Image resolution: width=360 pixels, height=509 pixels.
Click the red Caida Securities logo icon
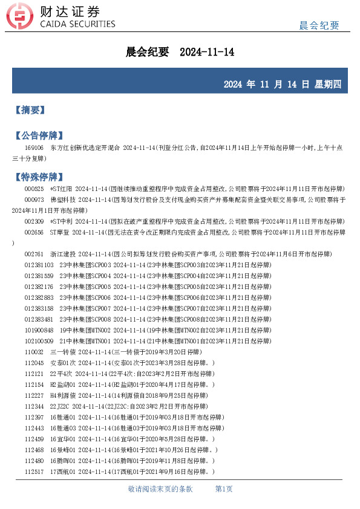[23, 17]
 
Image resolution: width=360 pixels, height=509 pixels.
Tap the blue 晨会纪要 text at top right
[319, 25]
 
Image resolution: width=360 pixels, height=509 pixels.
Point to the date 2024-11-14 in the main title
[207, 53]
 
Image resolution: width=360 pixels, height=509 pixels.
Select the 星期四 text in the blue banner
[329, 85]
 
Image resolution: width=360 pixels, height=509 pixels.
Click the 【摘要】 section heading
[30, 110]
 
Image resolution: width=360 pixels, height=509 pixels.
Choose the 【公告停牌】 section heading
[38, 135]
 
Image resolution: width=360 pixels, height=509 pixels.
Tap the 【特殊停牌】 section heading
[38, 177]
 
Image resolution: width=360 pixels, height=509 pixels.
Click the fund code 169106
[34, 148]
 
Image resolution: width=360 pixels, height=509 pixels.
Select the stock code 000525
[34, 189]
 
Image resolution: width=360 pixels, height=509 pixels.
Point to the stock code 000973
[34, 199]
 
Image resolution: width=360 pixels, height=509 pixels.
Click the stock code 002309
[34, 221]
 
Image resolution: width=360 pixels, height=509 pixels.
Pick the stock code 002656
[34, 232]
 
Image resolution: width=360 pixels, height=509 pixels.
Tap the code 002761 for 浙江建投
[34, 254]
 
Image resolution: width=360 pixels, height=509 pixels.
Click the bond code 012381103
[39, 265]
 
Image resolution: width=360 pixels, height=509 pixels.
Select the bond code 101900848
[39, 330]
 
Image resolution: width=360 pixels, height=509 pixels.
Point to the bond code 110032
[34, 352]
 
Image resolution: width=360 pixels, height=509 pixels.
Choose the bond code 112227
[34, 395]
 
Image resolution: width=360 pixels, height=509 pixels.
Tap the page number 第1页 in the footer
[224, 489]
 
